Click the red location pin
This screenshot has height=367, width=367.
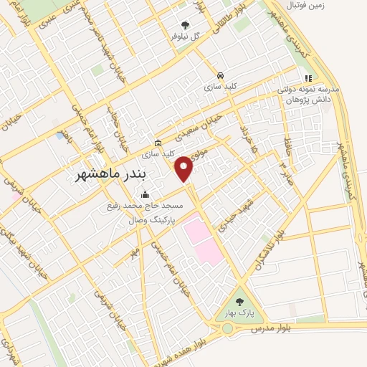185,168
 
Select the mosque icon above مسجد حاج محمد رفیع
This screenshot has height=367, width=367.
146,194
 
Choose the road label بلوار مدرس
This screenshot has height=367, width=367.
269,326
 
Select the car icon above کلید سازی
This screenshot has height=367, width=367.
220,75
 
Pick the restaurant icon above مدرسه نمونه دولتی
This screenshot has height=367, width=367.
308,79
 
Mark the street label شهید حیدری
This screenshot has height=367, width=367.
237,214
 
